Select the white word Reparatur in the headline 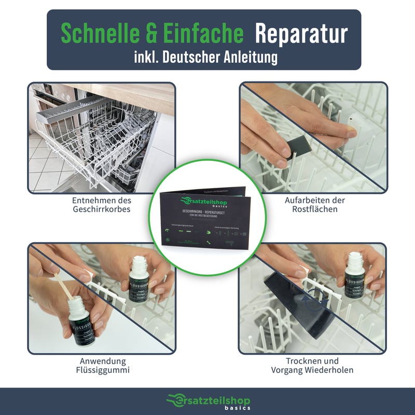(x=301, y=34)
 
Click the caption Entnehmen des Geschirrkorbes (x=102, y=205)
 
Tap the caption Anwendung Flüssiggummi (x=102, y=366)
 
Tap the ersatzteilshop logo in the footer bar (x=207, y=400)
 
